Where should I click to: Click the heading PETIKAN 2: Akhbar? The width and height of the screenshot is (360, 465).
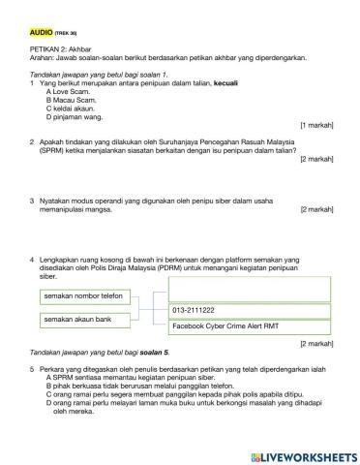click(62, 47)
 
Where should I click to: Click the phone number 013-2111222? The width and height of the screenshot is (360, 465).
click(194, 310)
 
